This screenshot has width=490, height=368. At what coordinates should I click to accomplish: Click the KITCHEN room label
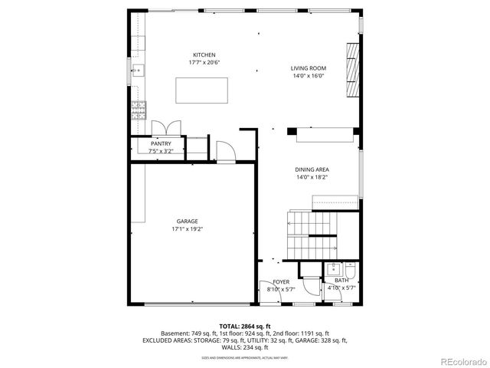[x=204, y=54]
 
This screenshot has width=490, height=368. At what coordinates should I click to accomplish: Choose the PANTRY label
[x=161, y=143]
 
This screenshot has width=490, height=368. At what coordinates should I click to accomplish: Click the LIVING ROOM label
[x=308, y=68]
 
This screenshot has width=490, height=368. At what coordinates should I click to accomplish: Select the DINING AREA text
[x=312, y=169]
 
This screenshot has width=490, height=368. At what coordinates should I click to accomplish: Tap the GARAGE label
[x=188, y=221]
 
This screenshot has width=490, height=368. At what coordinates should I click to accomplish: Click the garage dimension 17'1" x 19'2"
[x=188, y=228]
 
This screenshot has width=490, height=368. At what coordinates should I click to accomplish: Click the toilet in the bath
[x=349, y=271]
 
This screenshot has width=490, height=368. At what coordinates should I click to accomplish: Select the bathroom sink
[x=334, y=269]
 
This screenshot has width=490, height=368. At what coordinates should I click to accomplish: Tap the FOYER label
[x=281, y=281]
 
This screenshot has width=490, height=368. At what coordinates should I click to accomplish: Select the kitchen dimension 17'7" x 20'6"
[x=204, y=62]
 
